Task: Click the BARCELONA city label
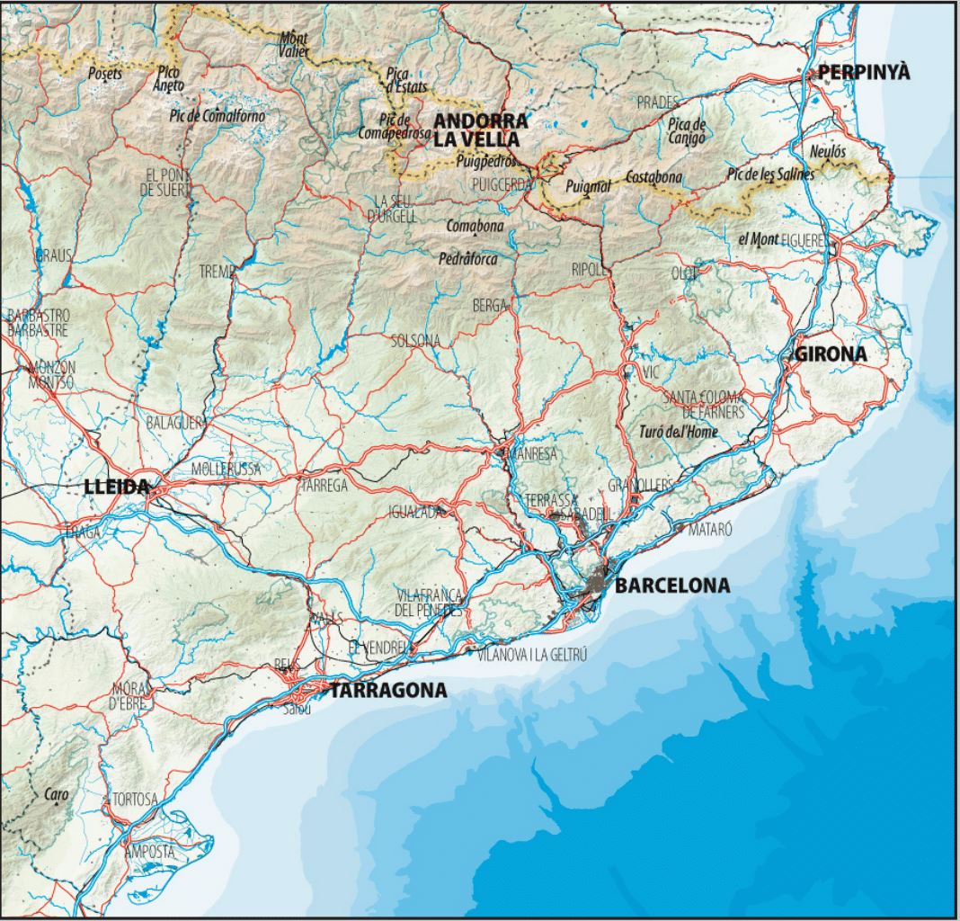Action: pyautogui.click(x=672, y=586)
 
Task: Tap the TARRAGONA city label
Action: pyautogui.click(x=388, y=691)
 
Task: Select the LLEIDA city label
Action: pyautogui.click(x=115, y=487)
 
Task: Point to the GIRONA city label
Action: pyautogui.click(x=831, y=354)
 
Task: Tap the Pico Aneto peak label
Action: pyautogui.click(x=170, y=78)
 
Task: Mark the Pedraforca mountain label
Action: pyautogui.click(x=468, y=258)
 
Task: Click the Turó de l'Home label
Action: pyautogui.click(x=678, y=433)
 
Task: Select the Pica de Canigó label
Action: pyautogui.click(x=688, y=131)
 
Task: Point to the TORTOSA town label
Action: pyautogui.click(x=135, y=799)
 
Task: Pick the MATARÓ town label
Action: pyautogui.click(x=710, y=530)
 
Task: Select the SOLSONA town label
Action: pyautogui.click(x=416, y=340)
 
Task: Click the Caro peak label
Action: pyautogui.click(x=56, y=794)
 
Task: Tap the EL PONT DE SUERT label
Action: pyautogui.click(x=163, y=181)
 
